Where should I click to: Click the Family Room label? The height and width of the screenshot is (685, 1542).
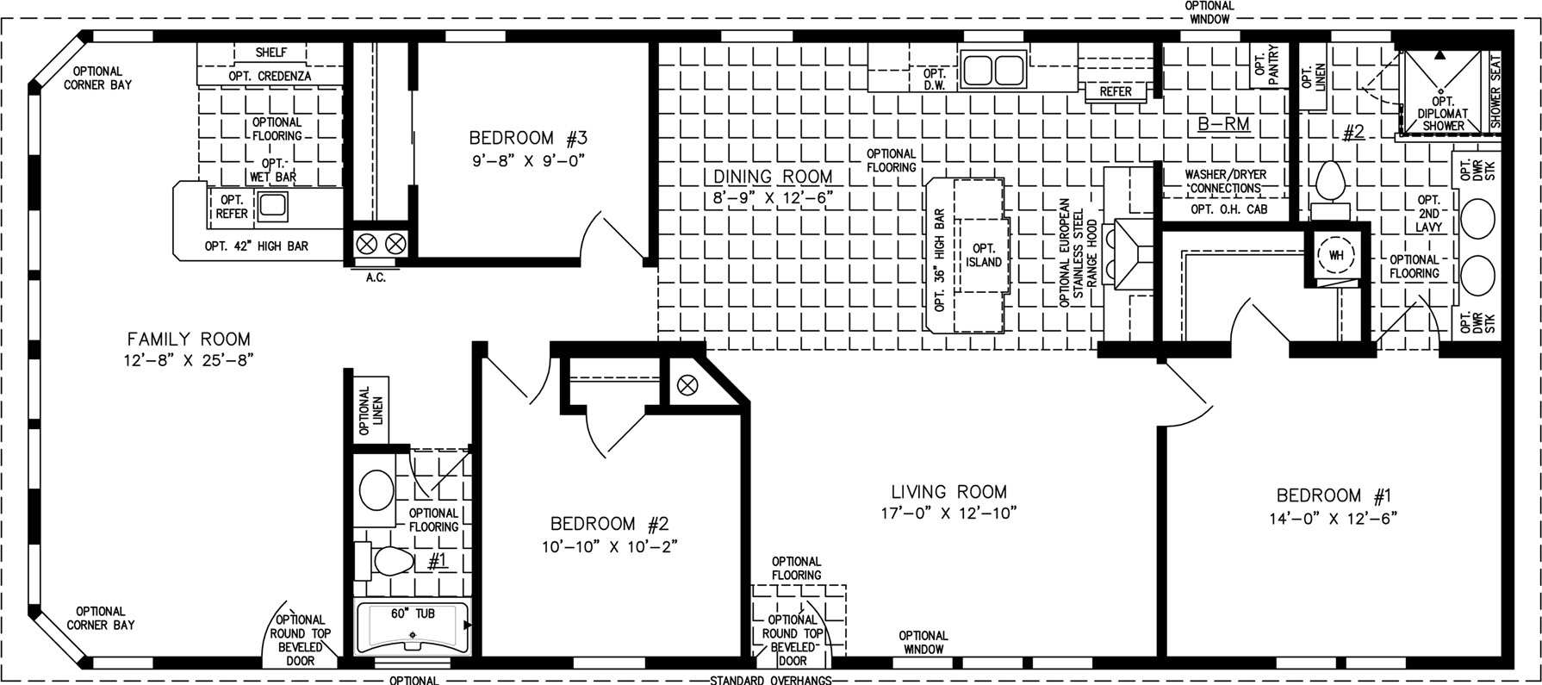189,339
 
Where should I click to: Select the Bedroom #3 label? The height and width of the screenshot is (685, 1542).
528,138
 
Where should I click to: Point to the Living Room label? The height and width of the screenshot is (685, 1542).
948,492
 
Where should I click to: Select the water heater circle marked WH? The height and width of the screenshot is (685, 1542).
1336,255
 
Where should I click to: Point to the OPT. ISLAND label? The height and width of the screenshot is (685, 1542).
984,255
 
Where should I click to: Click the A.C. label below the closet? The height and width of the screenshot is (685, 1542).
376,277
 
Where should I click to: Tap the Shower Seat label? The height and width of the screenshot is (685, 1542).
1495,91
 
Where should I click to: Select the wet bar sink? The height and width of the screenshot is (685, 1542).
273,205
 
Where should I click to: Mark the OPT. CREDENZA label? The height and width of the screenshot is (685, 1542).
270,76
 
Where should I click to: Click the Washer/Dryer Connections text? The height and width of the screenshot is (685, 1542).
1226,181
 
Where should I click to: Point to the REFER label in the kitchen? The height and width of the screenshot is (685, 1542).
1116,91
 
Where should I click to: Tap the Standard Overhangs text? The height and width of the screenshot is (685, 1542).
771,680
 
